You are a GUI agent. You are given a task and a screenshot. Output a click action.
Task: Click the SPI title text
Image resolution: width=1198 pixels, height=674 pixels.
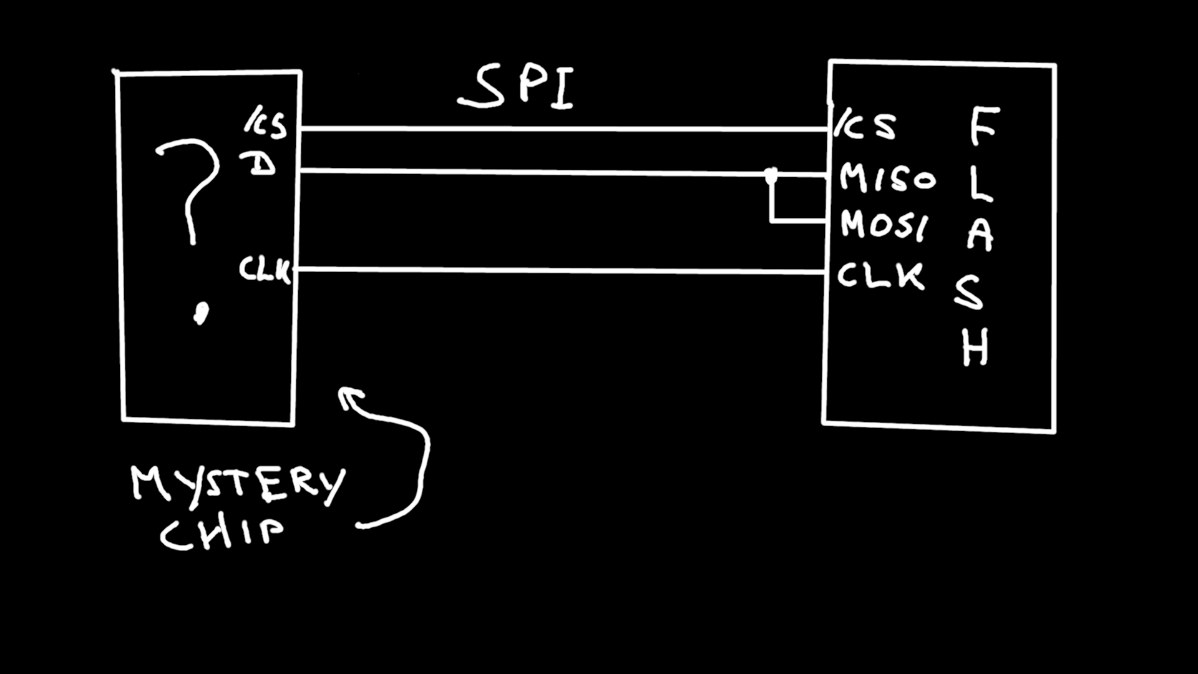517,87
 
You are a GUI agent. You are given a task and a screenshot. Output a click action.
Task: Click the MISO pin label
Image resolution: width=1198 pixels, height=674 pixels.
887,178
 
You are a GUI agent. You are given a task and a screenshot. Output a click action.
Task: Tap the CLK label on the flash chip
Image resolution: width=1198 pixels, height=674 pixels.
880,275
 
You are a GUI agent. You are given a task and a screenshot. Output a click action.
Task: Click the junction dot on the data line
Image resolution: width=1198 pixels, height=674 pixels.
771,176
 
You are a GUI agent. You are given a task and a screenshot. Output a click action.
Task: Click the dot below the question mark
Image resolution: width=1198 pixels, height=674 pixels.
200,313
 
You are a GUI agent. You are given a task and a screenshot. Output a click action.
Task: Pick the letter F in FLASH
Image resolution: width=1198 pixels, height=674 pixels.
984,126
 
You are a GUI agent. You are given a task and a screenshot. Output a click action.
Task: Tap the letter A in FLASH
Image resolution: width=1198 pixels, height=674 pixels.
980,235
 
